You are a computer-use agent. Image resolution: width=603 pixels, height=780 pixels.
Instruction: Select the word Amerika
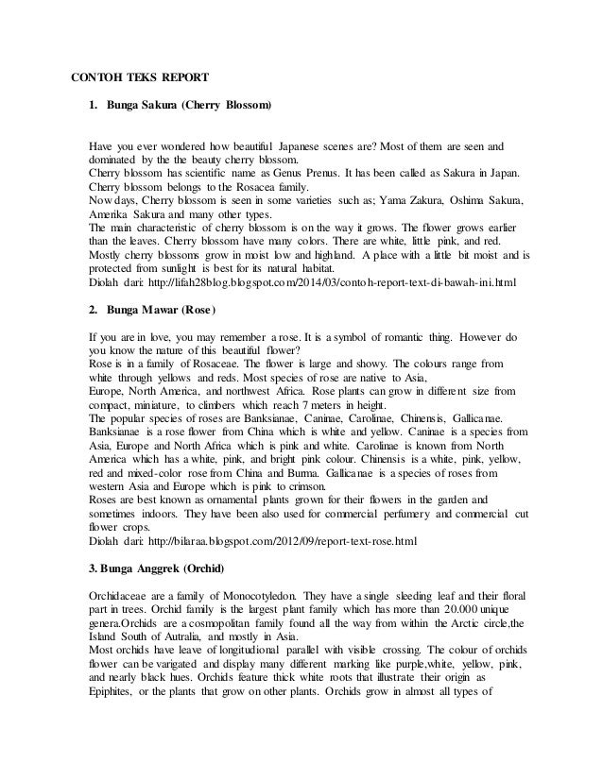click(x=109, y=214)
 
